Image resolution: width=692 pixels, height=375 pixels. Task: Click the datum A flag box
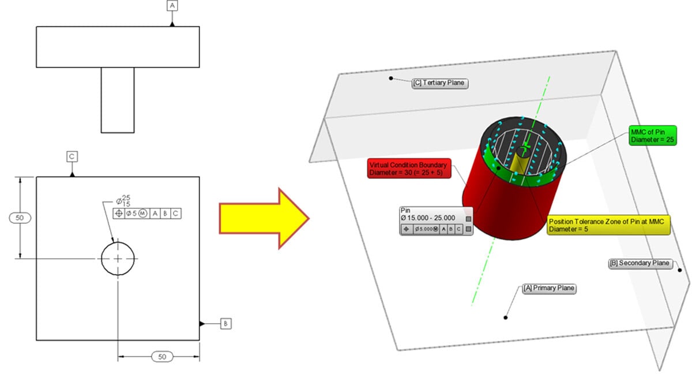click(172, 6)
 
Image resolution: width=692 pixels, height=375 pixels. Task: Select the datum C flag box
click(72, 156)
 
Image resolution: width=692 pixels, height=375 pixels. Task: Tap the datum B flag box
click(225, 324)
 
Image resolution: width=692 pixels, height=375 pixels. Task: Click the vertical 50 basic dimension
click(20, 218)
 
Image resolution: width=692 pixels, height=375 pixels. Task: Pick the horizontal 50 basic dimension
click(162, 357)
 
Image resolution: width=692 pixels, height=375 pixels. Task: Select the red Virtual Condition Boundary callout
click(409, 168)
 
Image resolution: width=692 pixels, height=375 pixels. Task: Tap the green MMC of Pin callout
click(652, 136)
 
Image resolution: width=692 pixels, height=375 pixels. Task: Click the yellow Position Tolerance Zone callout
click(608, 225)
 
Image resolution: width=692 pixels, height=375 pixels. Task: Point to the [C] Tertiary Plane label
click(439, 83)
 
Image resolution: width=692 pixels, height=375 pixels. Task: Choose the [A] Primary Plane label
click(548, 288)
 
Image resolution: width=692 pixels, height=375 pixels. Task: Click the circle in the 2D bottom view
click(118, 259)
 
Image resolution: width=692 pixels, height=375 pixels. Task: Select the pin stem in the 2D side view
click(118, 100)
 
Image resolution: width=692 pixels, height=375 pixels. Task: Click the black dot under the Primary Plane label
click(506, 317)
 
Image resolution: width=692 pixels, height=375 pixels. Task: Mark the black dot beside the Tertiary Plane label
click(391, 78)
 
